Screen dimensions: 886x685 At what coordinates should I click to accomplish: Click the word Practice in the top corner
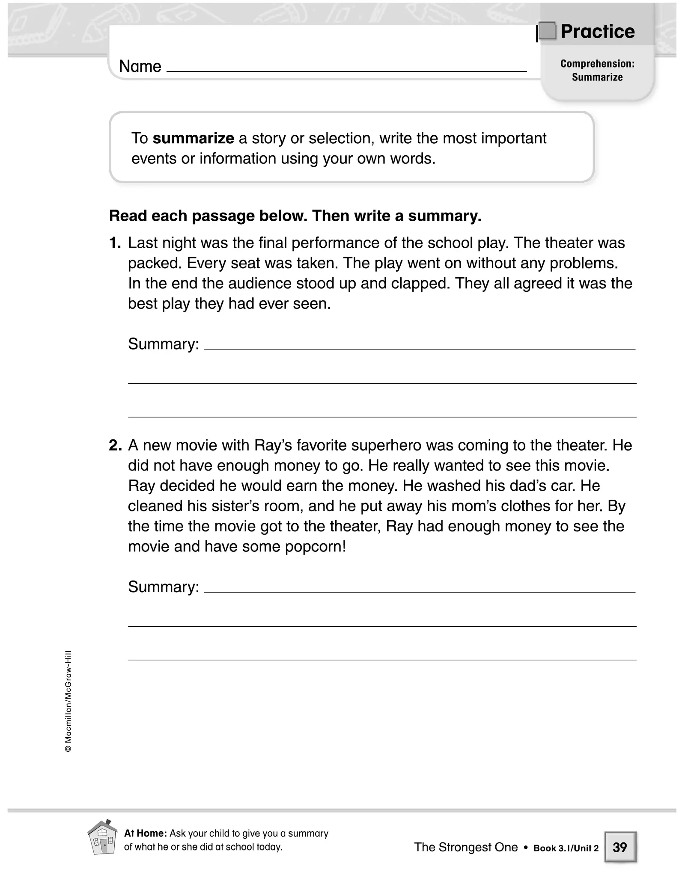point(597,32)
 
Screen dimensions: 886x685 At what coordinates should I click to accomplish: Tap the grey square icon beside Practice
point(547,31)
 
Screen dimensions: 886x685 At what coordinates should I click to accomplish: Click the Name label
point(140,66)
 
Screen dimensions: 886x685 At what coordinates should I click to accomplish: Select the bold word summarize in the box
point(193,138)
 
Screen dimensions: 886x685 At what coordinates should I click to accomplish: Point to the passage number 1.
point(115,243)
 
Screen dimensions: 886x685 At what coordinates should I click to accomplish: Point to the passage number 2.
point(115,445)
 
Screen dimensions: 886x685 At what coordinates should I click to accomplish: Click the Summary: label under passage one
point(164,344)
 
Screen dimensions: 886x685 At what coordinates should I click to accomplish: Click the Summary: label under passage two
point(164,587)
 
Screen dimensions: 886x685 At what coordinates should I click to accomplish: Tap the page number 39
point(619,847)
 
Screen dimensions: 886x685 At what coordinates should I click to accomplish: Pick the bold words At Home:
point(145,833)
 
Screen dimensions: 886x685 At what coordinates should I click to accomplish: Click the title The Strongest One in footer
point(466,847)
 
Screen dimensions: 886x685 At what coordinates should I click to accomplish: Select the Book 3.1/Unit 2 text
point(566,848)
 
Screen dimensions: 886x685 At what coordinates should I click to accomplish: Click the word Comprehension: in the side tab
point(597,64)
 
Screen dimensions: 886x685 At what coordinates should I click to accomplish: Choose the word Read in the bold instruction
point(128,216)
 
